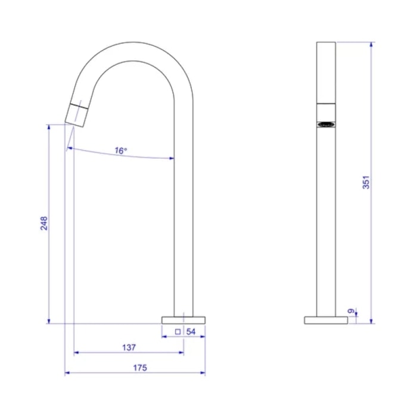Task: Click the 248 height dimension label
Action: click(x=44, y=223)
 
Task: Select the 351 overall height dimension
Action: click(x=366, y=182)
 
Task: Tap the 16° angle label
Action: click(x=121, y=151)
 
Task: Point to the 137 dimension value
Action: click(x=129, y=347)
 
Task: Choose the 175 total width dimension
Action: click(x=140, y=368)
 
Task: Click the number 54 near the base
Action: click(x=191, y=332)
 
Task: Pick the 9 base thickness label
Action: click(x=351, y=311)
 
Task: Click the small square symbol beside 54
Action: click(x=178, y=332)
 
